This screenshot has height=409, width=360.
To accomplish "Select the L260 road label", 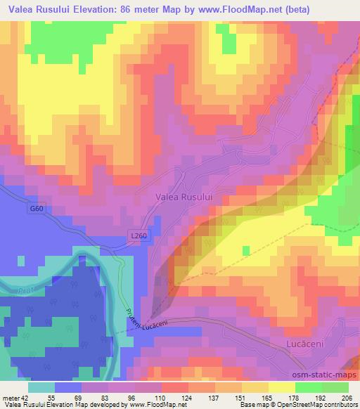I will pyautogui.click(x=138, y=236).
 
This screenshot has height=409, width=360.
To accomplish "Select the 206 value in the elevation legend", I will pyautogui.click(x=347, y=397).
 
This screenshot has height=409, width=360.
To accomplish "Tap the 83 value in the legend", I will pyautogui.click(x=106, y=397).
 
